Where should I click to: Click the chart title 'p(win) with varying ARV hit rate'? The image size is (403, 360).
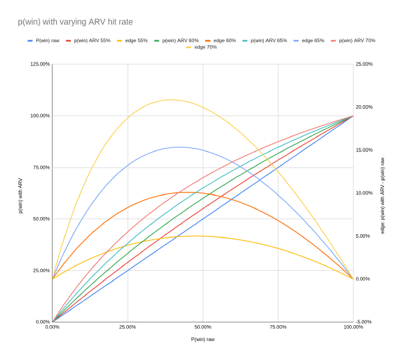(x=75, y=22)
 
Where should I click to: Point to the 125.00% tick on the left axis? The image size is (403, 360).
(x=40, y=64)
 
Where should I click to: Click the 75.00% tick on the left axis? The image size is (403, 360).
(x=40, y=167)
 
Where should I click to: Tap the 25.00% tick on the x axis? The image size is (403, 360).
(x=128, y=327)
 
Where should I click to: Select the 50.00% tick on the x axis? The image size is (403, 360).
(x=203, y=327)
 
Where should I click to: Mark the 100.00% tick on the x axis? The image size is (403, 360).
(x=353, y=327)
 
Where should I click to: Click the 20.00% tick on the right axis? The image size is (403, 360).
(x=364, y=107)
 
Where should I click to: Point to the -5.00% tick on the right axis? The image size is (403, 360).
(x=364, y=322)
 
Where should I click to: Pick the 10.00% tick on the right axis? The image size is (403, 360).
(x=364, y=193)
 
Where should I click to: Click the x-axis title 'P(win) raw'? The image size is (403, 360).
(x=203, y=339)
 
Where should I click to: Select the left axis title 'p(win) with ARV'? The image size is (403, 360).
(x=20, y=196)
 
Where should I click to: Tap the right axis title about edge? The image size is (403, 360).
(x=383, y=196)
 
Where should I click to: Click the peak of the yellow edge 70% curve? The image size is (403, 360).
(x=170, y=100)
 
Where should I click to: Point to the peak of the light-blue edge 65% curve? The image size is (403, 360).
(x=180, y=147)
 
